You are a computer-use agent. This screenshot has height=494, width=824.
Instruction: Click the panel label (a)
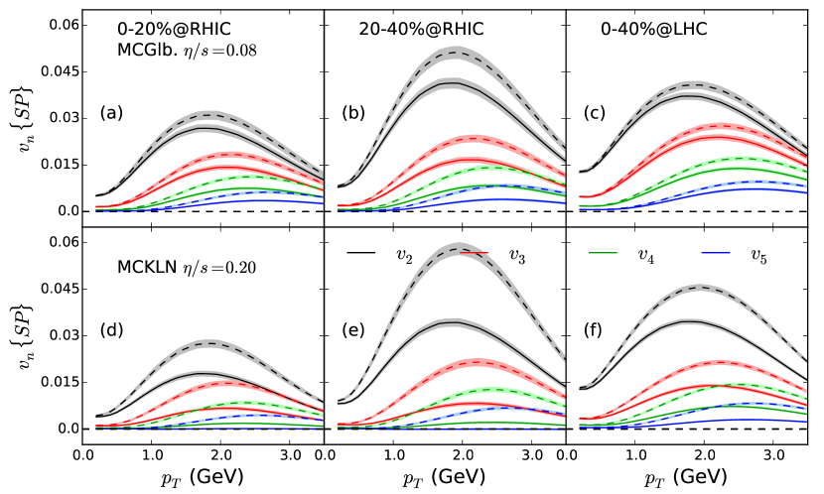(110, 113)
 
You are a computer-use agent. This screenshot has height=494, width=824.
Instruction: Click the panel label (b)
(353, 113)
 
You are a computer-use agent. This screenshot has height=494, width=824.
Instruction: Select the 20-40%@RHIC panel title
(422, 29)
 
